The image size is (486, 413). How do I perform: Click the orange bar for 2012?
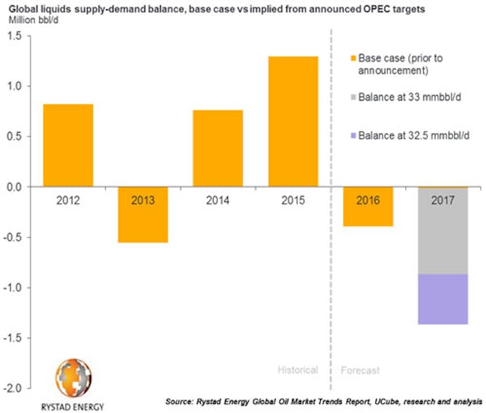click(x=68, y=145)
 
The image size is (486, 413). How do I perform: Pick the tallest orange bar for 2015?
click(x=293, y=121)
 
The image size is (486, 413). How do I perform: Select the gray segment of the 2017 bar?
click(x=443, y=230)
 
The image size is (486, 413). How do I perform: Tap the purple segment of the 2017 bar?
click(x=443, y=299)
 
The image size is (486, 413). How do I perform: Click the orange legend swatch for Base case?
click(x=352, y=58)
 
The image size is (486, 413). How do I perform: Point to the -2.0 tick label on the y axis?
click(x=16, y=388)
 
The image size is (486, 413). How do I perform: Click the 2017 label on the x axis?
click(x=443, y=200)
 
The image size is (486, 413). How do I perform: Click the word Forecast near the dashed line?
click(x=360, y=370)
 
